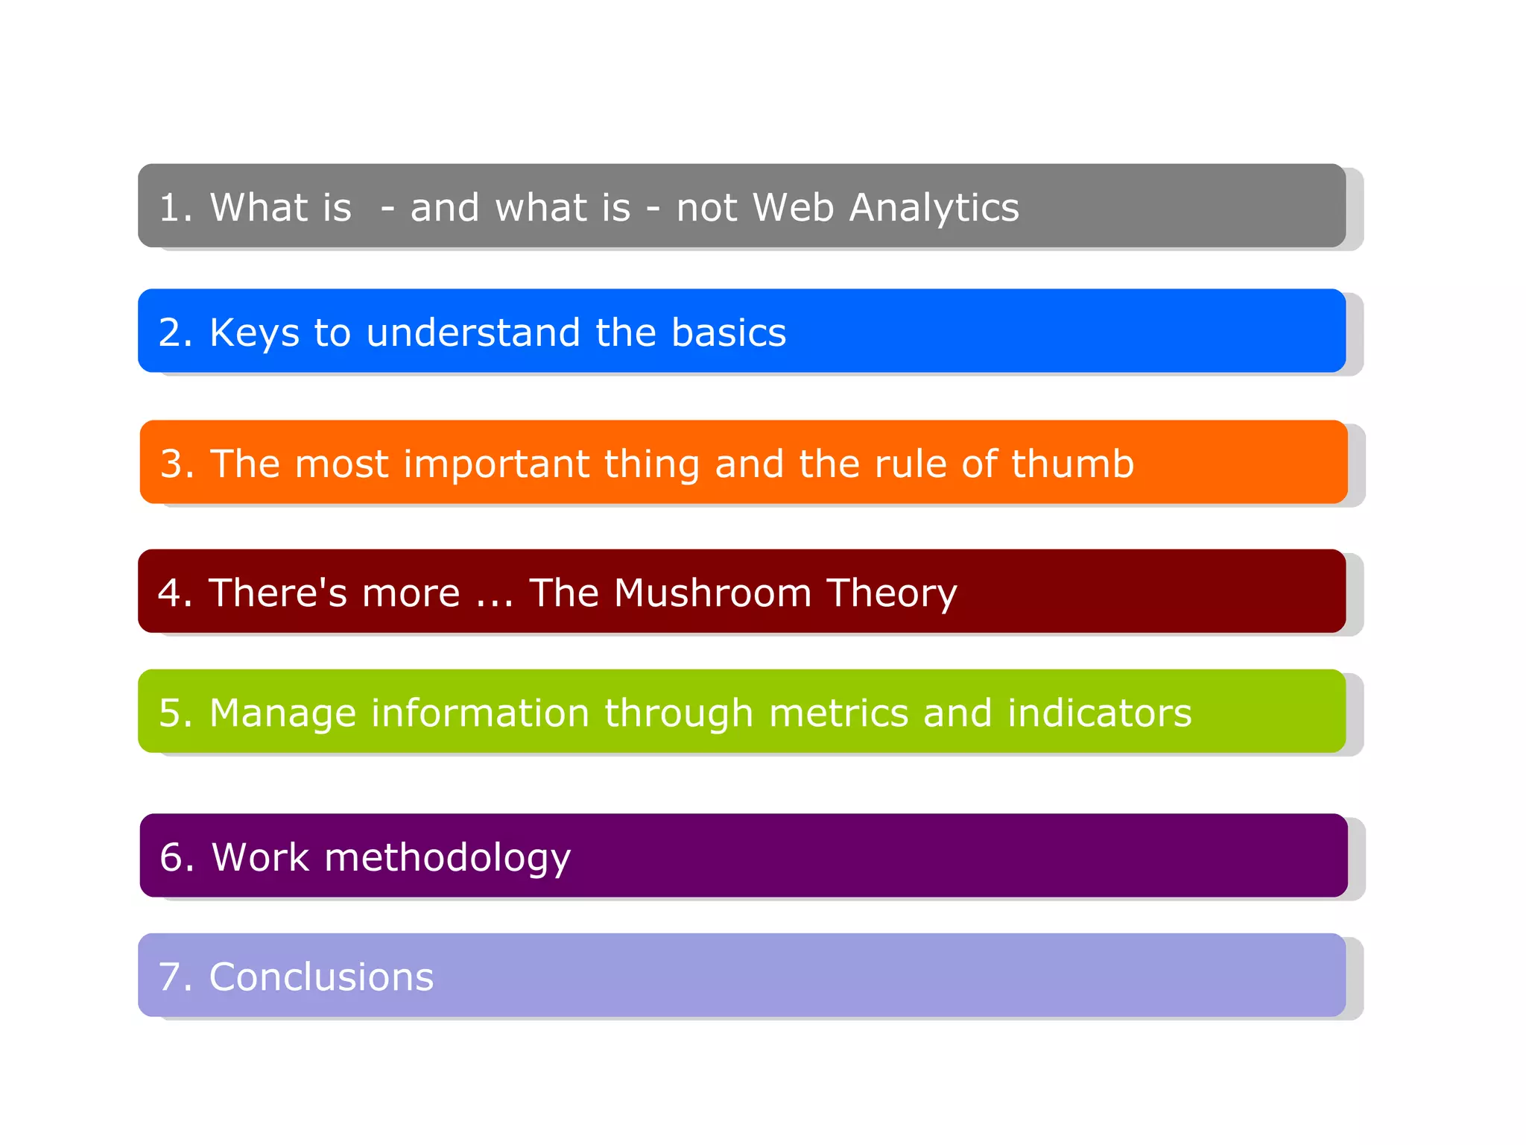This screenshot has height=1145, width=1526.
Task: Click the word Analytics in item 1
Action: [x=934, y=208]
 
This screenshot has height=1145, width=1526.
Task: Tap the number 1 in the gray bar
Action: [x=170, y=208]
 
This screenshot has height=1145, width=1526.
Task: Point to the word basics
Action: [x=728, y=333]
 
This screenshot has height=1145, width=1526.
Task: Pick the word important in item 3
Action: [x=496, y=465]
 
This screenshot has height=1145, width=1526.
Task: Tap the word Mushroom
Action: [x=712, y=593]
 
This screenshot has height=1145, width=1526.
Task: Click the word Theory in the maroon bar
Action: [x=891, y=595]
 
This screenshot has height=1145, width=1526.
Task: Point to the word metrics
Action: [x=838, y=713]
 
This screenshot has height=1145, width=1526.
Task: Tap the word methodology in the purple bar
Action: [x=447, y=858]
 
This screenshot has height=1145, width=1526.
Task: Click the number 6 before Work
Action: [x=172, y=857]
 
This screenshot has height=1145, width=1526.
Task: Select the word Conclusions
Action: [x=321, y=977]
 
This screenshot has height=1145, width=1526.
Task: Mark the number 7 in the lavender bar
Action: [x=171, y=977]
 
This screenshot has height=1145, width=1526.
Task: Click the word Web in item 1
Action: [x=793, y=208]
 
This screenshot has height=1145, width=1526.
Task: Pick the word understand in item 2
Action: [x=473, y=333]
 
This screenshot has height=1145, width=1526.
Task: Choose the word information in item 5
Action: [x=481, y=713]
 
